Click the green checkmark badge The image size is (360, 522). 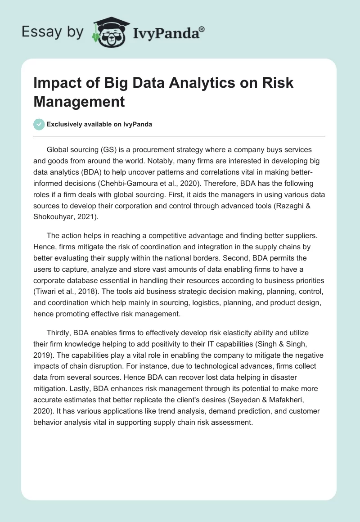pos(39,124)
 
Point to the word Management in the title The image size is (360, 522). pos(79,101)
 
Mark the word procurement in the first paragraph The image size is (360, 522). pos(151,149)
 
